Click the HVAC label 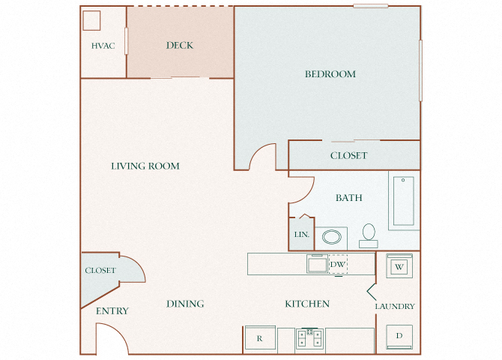click(103, 46)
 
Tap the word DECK click(179, 46)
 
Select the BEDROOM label click(330, 74)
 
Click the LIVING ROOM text click(145, 166)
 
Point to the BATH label click(348, 198)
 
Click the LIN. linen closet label click(301, 235)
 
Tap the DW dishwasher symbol click(337, 265)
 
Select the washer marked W click(399, 266)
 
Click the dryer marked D click(399, 336)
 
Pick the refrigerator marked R click(259, 338)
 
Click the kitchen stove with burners click(309, 338)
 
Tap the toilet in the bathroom click(368, 235)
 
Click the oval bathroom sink click(330, 238)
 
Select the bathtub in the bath click(403, 201)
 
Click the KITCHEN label click(307, 304)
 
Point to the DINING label click(185, 304)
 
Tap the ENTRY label click(112, 310)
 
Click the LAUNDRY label click(395, 306)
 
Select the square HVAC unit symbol click(92, 19)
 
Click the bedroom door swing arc click(263, 155)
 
